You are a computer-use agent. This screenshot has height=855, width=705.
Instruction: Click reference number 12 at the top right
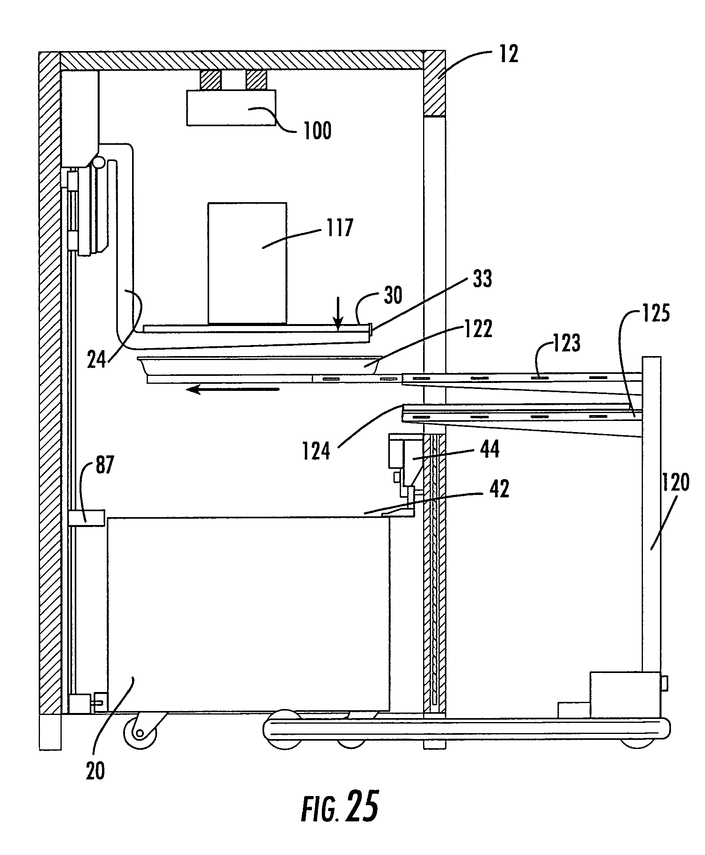pyautogui.click(x=509, y=54)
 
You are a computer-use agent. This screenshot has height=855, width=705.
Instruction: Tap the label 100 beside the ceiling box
pyautogui.click(x=318, y=131)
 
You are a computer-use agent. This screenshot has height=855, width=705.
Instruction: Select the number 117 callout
pyautogui.click(x=340, y=227)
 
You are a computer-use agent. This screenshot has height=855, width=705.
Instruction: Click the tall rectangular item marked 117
pyautogui.click(x=247, y=264)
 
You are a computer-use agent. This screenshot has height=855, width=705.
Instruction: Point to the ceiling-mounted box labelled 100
pyautogui.click(x=231, y=107)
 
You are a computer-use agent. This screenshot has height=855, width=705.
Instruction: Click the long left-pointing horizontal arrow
pyautogui.click(x=233, y=390)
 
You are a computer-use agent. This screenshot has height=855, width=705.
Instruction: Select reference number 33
pyautogui.click(x=482, y=279)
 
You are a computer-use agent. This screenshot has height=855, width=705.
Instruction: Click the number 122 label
pyautogui.click(x=478, y=328)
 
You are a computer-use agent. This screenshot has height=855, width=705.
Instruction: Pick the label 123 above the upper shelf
pyautogui.click(x=567, y=343)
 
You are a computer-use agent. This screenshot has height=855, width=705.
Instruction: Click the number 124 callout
pyautogui.click(x=316, y=451)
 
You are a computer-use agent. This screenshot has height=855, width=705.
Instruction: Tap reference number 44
pyautogui.click(x=490, y=449)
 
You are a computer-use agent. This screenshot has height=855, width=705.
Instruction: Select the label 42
pyautogui.click(x=499, y=489)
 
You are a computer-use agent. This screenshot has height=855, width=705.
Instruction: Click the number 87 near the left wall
pyautogui.click(x=105, y=465)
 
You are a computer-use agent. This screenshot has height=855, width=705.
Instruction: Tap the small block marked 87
pyautogui.click(x=87, y=518)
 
